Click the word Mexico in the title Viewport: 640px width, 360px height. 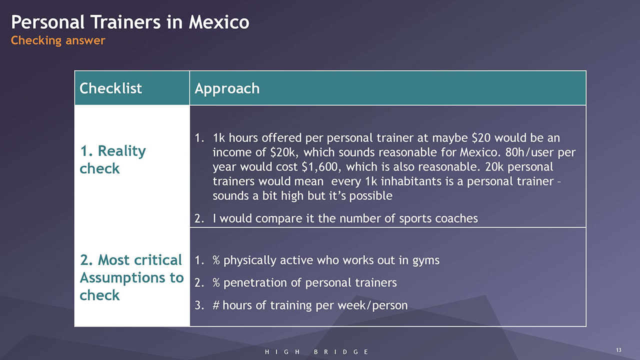coord(219,22)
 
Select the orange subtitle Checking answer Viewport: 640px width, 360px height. coord(58,40)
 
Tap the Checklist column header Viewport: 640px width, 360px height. coord(110,88)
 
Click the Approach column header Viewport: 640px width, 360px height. coord(227,89)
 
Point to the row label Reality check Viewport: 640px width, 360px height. coord(113,159)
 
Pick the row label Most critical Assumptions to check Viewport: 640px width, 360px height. coord(131,277)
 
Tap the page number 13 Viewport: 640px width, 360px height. coord(618,350)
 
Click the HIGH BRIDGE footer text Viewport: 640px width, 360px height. coord(317,352)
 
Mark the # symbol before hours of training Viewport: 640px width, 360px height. coord(216,305)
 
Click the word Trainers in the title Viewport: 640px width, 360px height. coord(125,22)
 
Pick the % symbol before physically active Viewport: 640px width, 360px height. coord(216,260)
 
